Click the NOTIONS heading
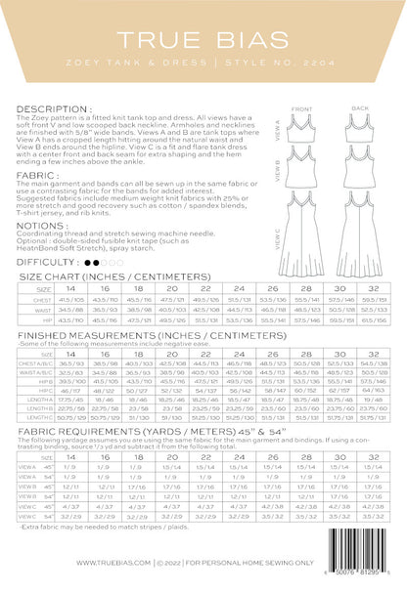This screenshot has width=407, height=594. point(44,224)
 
